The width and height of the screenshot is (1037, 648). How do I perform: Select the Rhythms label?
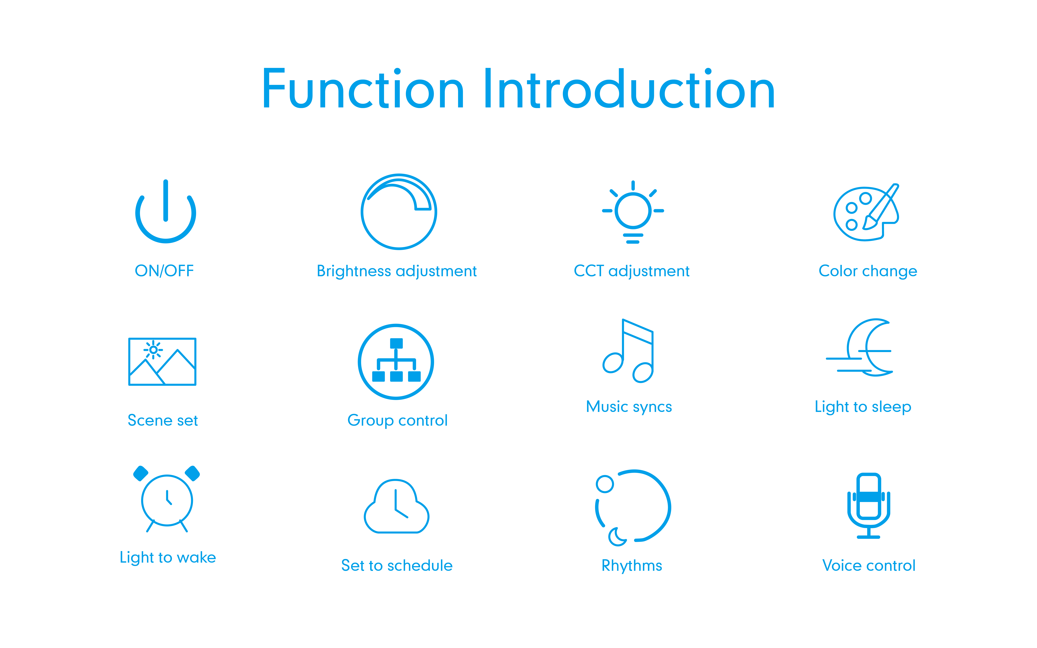(632, 566)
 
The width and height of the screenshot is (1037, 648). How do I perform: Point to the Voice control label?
(869, 566)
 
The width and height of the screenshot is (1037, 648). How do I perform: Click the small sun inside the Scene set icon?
(153, 350)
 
